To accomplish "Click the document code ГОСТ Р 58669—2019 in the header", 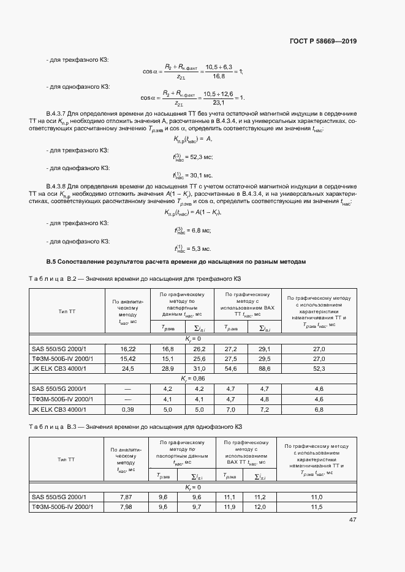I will pos(323,42).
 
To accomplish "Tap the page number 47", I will pos(352,520).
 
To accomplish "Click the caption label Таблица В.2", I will pos(53,279).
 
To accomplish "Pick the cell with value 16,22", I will pos(128,348).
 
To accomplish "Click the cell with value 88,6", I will pos(265,370).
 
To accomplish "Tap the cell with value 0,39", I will pos(128,409).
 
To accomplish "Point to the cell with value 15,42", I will pos(128,358).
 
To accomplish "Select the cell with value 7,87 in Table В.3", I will pos(127,497).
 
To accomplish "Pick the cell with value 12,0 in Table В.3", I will pos(260,507).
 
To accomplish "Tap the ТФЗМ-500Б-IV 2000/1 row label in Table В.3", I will pos(62,507).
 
